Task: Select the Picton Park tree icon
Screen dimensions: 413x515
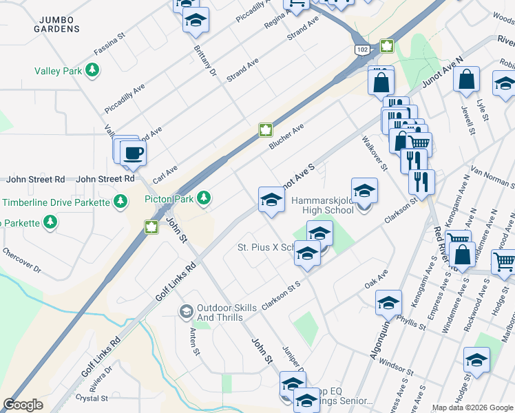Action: coord(203,199)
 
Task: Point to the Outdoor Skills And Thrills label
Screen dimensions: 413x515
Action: coord(220,313)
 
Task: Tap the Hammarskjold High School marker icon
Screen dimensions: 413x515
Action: coord(364,191)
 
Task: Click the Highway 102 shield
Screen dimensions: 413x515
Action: coord(361,50)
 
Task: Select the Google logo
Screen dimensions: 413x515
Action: coord(23,405)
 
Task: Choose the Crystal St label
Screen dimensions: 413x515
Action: coord(92,398)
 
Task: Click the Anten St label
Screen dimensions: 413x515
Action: coord(195,341)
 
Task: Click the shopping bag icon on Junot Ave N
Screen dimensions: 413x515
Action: coord(466,79)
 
